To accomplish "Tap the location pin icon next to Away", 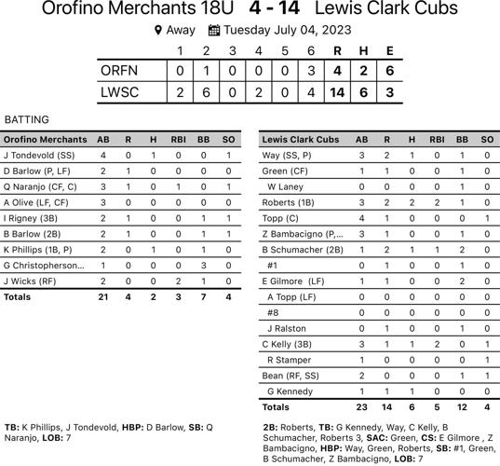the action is pos(158,30).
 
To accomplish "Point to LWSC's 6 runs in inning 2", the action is pos(206,92).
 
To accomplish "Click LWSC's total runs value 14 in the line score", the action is pos(337,92).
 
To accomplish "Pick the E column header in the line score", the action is pos(388,50).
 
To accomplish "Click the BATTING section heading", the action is pos(26,120).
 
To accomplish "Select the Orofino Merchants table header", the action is pos(46,140).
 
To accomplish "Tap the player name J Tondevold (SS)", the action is pos(39,155).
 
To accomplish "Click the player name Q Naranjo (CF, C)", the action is pos(40,186).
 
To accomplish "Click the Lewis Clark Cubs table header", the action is pos(300,140).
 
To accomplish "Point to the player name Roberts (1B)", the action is pos(287,202).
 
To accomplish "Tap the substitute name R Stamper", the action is pos(291,360).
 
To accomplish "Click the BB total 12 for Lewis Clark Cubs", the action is pos(462,407).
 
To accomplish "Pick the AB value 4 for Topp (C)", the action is pos(361,218).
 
